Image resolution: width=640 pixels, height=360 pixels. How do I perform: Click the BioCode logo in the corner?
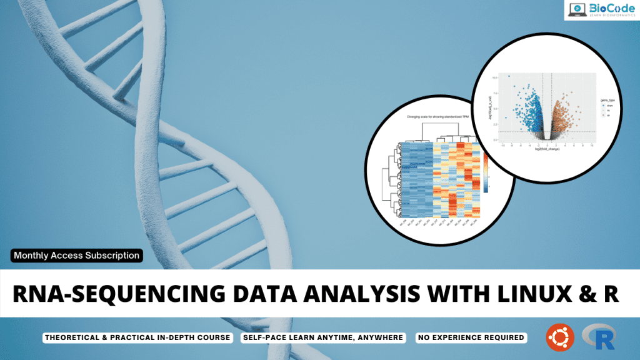[601, 10]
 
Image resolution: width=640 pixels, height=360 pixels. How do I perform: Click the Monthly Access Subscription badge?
[76, 255]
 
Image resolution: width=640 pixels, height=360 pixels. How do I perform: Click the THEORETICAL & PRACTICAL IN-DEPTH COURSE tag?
[137, 337]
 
